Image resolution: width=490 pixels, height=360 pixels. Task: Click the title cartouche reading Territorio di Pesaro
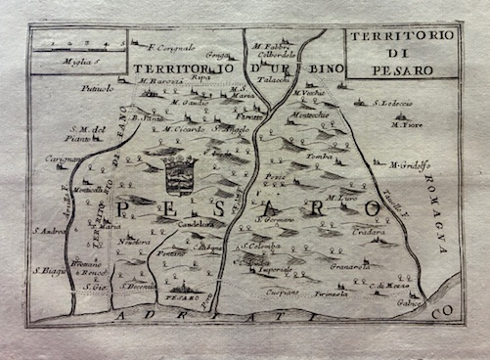pyautogui.click(x=400, y=52)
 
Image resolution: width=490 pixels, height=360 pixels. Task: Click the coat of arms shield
pyautogui.click(x=179, y=177)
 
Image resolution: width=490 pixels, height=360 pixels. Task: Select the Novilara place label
pyautogui.click(x=134, y=241)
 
